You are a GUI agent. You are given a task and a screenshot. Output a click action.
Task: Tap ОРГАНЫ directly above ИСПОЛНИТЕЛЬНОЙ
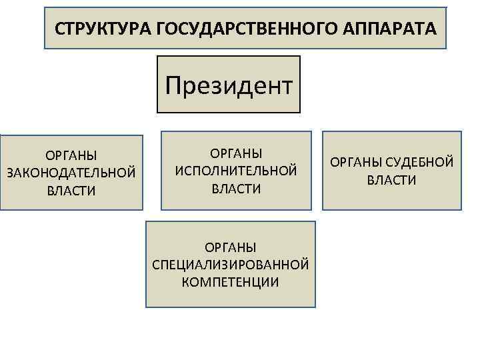(x=236, y=154)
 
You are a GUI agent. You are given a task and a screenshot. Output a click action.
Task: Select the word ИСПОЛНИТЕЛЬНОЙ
(x=236, y=171)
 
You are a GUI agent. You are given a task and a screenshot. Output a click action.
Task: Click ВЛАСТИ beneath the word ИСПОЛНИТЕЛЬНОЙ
(x=236, y=189)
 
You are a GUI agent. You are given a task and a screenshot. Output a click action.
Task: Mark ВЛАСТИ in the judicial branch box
(x=391, y=180)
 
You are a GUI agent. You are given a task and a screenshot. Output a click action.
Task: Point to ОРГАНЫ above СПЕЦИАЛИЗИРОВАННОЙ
(x=231, y=247)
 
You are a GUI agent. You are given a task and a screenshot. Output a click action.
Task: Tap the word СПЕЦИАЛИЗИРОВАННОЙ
(x=231, y=265)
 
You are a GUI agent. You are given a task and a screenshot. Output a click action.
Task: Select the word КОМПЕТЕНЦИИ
(x=231, y=282)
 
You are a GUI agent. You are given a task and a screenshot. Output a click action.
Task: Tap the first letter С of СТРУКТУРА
(x=59, y=29)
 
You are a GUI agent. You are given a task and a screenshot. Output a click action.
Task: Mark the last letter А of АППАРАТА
(x=433, y=29)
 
